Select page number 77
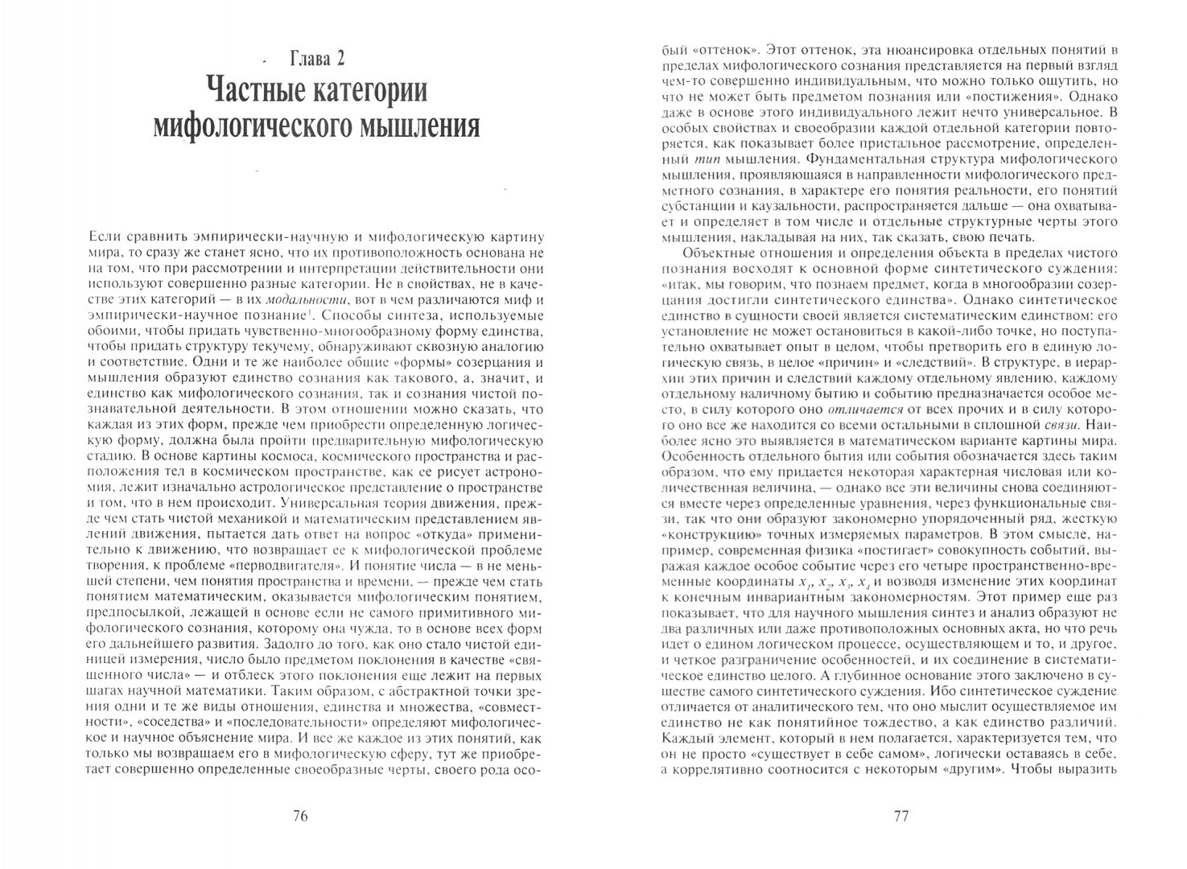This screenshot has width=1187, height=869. click(x=901, y=816)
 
